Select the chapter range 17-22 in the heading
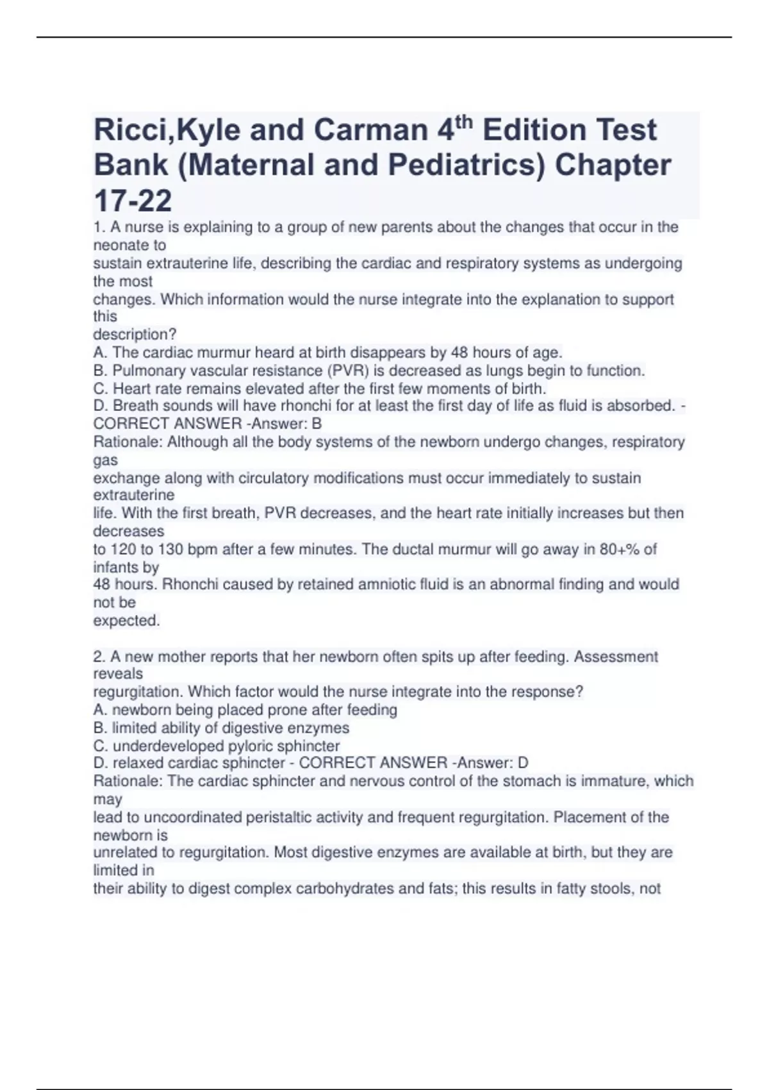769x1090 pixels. (x=133, y=201)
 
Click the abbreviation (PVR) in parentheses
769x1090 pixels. (x=348, y=371)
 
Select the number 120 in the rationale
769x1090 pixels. (x=124, y=549)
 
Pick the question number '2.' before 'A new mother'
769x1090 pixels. (x=99, y=657)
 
